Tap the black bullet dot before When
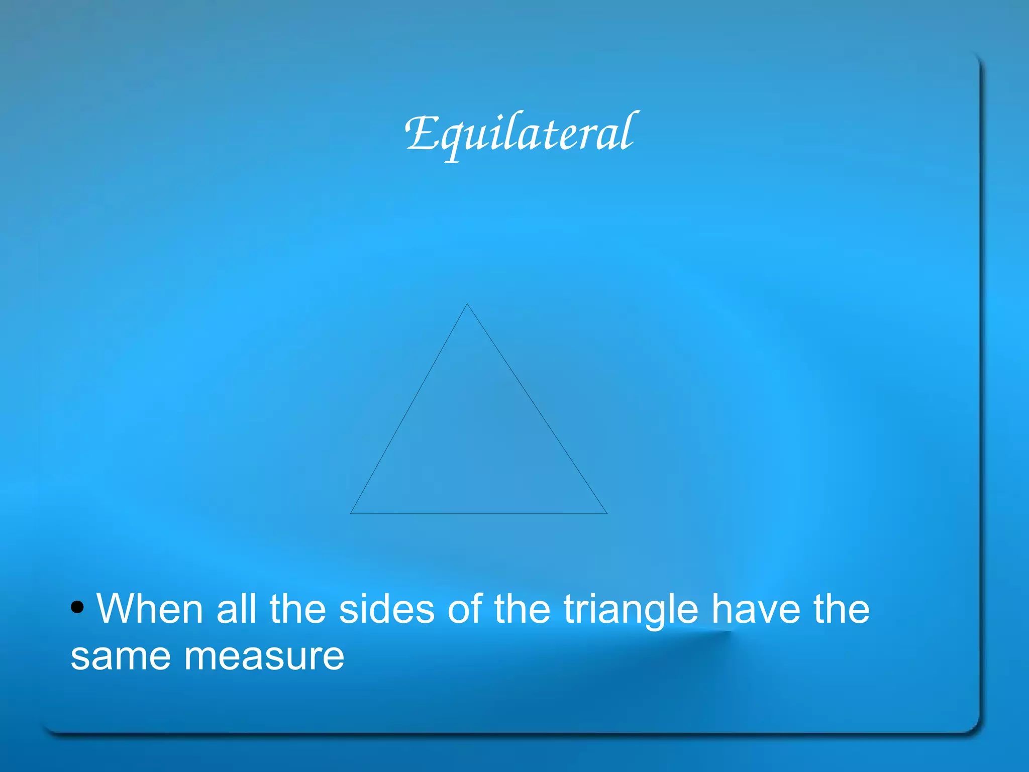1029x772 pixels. pyautogui.click(x=77, y=607)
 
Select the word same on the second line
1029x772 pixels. pyautogui.click(x=121, y=656)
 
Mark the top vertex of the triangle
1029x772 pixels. pyautogui.click(x=467, y=304)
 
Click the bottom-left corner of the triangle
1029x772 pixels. pyautogui.click(x=351, y=513)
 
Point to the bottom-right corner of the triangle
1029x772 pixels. pyautogui.click(x=606, y=513)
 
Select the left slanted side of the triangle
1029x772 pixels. pyautogui.click(x=409, y=409)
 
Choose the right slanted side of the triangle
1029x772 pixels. pyautogui.click(x=537, y=409)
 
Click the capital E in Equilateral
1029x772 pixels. pyautogui.click(x=421, y=133)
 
